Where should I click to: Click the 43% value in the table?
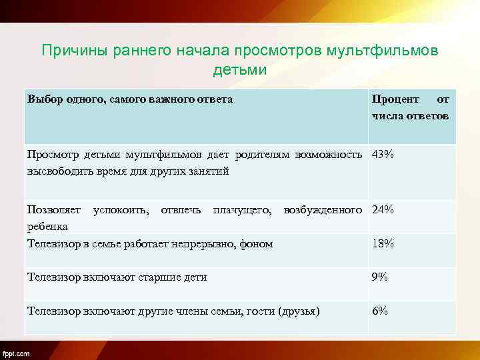(383, 155)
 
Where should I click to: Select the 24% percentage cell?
(383, 210)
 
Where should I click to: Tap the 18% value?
(383, 244)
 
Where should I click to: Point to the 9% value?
(380, 277)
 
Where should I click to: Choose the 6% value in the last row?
(380, 311)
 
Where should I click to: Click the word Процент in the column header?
(396, 99)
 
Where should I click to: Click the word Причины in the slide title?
(71, 51)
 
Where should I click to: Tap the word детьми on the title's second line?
(239, 70)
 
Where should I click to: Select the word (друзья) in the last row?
(299, 311)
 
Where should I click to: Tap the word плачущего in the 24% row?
(242, 210)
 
